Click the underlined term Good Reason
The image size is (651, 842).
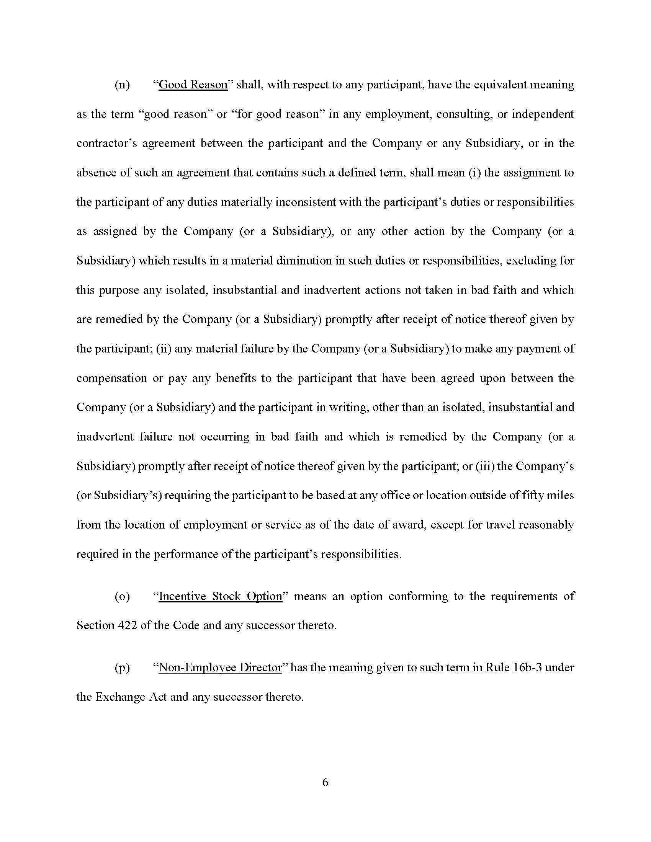[193, 85]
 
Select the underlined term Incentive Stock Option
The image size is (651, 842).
[220, 596]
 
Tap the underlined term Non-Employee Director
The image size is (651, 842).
[220, 667]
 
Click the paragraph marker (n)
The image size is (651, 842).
[122, 85]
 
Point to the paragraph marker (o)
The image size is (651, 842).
[122, 596]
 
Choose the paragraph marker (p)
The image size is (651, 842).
[122, 668]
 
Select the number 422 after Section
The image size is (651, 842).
[126, 625]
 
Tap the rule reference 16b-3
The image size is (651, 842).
[528, 667]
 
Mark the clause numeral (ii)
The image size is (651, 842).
[164, 349]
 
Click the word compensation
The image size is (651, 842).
[111, 378]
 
